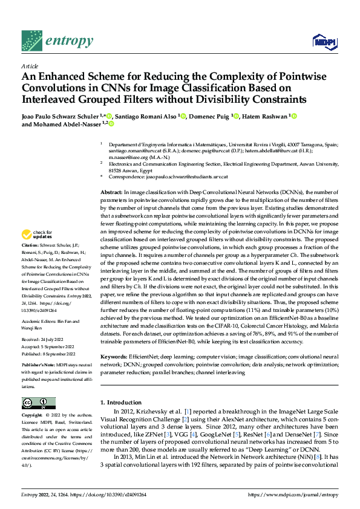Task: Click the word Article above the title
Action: tap(30, 66)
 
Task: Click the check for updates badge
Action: tap(38, 235)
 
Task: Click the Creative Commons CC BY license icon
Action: tap(39, 403)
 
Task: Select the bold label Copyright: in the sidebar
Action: tap(33, 416)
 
